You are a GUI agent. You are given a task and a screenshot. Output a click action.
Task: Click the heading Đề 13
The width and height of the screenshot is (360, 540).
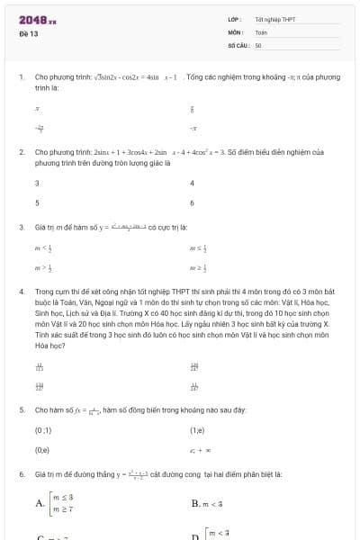(28, 33)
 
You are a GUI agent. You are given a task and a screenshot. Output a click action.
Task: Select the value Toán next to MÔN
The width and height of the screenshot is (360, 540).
(261, 31)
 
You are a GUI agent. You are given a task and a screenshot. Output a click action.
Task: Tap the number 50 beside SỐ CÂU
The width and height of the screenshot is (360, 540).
(258, 44)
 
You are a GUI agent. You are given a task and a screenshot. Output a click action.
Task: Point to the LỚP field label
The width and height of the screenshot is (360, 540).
(235, 19)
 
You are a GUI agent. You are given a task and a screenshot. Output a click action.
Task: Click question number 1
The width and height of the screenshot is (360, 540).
(21, 77)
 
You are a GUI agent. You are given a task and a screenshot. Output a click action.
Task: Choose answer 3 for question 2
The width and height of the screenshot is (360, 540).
(37, 183)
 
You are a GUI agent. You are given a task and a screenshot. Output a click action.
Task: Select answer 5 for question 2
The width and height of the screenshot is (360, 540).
(37, 202)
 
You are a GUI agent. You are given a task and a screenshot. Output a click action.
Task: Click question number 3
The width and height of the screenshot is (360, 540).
(21, 227)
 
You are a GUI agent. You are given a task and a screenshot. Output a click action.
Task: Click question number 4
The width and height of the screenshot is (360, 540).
(21, 292)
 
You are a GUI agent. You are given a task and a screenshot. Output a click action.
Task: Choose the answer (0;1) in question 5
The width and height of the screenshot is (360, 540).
(42, 430)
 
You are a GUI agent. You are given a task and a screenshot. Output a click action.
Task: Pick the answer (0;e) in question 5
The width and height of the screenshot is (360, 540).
(42, 449)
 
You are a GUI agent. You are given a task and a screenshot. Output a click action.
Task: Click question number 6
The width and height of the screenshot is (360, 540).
(21, 472)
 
